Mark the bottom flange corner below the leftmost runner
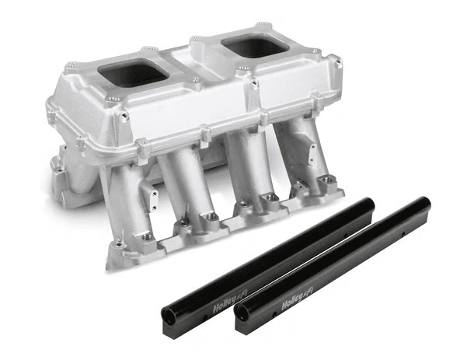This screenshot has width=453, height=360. [117, 260]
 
